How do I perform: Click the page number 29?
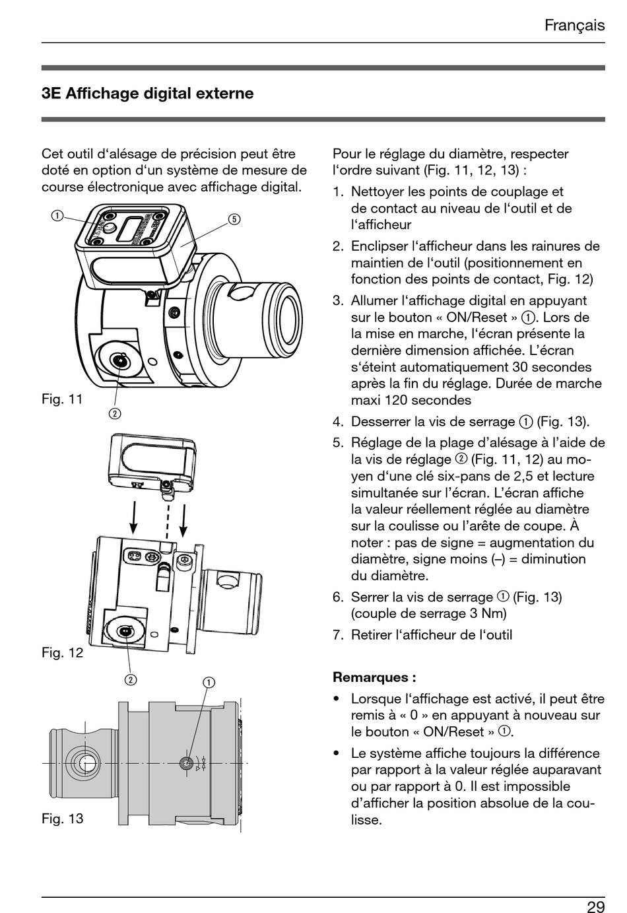click(x=595, y=906)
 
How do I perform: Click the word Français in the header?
click(x=574, y=25)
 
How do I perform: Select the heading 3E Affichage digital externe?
click(x=147, y=93)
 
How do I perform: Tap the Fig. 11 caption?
click(x=62, y=399)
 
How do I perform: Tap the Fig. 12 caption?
click(x=62, y=652)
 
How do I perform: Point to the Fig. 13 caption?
click(x=62, y=819)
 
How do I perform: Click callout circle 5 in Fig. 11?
click(x=234, y=219)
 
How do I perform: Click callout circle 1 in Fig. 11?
click(x=58, y=215)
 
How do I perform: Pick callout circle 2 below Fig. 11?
click(x=115, y=414)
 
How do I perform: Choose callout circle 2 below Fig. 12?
click(x=131, y=679)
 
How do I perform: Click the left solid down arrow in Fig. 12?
click(x=134, y=518)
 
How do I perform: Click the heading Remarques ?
click(x=374, y=677)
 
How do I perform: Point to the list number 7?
click(x=338, y=635)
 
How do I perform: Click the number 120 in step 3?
click(x=424, y=400)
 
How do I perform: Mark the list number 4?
click(x=338, y=422)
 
